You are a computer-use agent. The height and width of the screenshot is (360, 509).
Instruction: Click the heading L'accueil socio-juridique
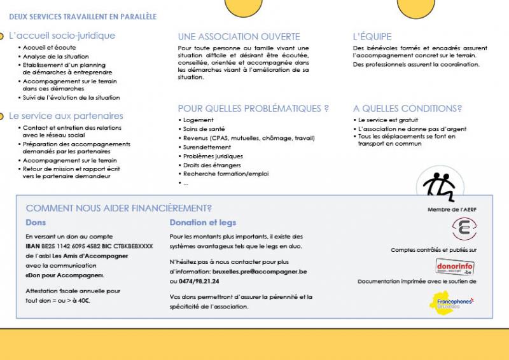[62, 36]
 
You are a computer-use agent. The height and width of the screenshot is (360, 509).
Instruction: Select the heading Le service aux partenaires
[66, 116]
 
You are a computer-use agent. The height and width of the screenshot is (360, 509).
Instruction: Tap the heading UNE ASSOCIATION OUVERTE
[239, 36]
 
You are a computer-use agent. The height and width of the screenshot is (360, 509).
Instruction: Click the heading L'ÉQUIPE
[372, 36]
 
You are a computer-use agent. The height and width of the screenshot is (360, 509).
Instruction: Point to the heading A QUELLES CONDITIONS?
[407, 108]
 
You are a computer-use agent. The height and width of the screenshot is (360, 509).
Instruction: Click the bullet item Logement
[198, 120]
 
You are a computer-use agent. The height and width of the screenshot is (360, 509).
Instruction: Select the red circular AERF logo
[464, 228]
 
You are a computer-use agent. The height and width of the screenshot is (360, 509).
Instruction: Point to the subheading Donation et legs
[202, 223]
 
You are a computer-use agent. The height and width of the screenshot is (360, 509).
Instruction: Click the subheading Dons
[36, 223]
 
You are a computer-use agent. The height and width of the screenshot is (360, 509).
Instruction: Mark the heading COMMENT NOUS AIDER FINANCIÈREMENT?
[118, 208]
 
